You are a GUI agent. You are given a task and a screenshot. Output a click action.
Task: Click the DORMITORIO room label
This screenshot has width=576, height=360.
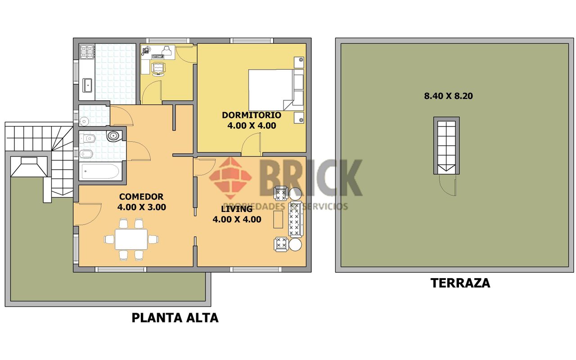click(252, 115)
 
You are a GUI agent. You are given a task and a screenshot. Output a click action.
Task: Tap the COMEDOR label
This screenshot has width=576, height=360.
click(141, 197)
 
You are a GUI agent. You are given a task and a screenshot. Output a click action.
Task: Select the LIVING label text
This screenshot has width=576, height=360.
click(237, 209)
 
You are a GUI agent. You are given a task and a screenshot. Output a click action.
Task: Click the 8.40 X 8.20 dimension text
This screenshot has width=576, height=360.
click(448, 96)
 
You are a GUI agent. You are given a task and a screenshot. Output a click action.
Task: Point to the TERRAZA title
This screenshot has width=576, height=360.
click(460, 283)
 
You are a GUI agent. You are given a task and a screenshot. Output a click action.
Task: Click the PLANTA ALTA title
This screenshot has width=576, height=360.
click(175, 318)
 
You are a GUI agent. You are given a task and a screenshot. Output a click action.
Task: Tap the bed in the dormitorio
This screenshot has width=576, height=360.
click(276, 90)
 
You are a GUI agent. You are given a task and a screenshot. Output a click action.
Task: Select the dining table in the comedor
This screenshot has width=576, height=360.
click(131, 239)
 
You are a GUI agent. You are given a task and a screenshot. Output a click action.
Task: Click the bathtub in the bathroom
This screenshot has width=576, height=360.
click(100, 171)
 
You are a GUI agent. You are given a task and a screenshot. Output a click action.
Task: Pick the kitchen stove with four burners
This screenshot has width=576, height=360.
click(87, 52)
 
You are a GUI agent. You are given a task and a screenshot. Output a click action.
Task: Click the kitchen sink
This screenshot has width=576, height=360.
click(87, 85)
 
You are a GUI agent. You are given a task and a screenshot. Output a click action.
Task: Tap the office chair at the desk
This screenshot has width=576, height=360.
click(158, 69)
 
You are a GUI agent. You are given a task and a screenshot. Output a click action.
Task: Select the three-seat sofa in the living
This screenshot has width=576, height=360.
click(296, 219)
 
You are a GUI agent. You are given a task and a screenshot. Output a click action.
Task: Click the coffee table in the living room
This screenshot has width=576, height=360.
click(278, 219)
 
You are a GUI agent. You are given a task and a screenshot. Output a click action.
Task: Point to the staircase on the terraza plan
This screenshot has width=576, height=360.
click(447, 145)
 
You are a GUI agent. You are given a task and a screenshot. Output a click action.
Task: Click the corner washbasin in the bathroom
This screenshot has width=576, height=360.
click(113, 136)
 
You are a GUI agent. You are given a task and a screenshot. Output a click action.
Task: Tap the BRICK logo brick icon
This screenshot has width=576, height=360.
click(230, 178)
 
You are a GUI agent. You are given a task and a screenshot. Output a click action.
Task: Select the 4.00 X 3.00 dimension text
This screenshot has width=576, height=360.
click(141, 207)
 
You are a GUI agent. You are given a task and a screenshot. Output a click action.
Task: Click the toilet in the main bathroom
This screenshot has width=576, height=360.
click(87, 138)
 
